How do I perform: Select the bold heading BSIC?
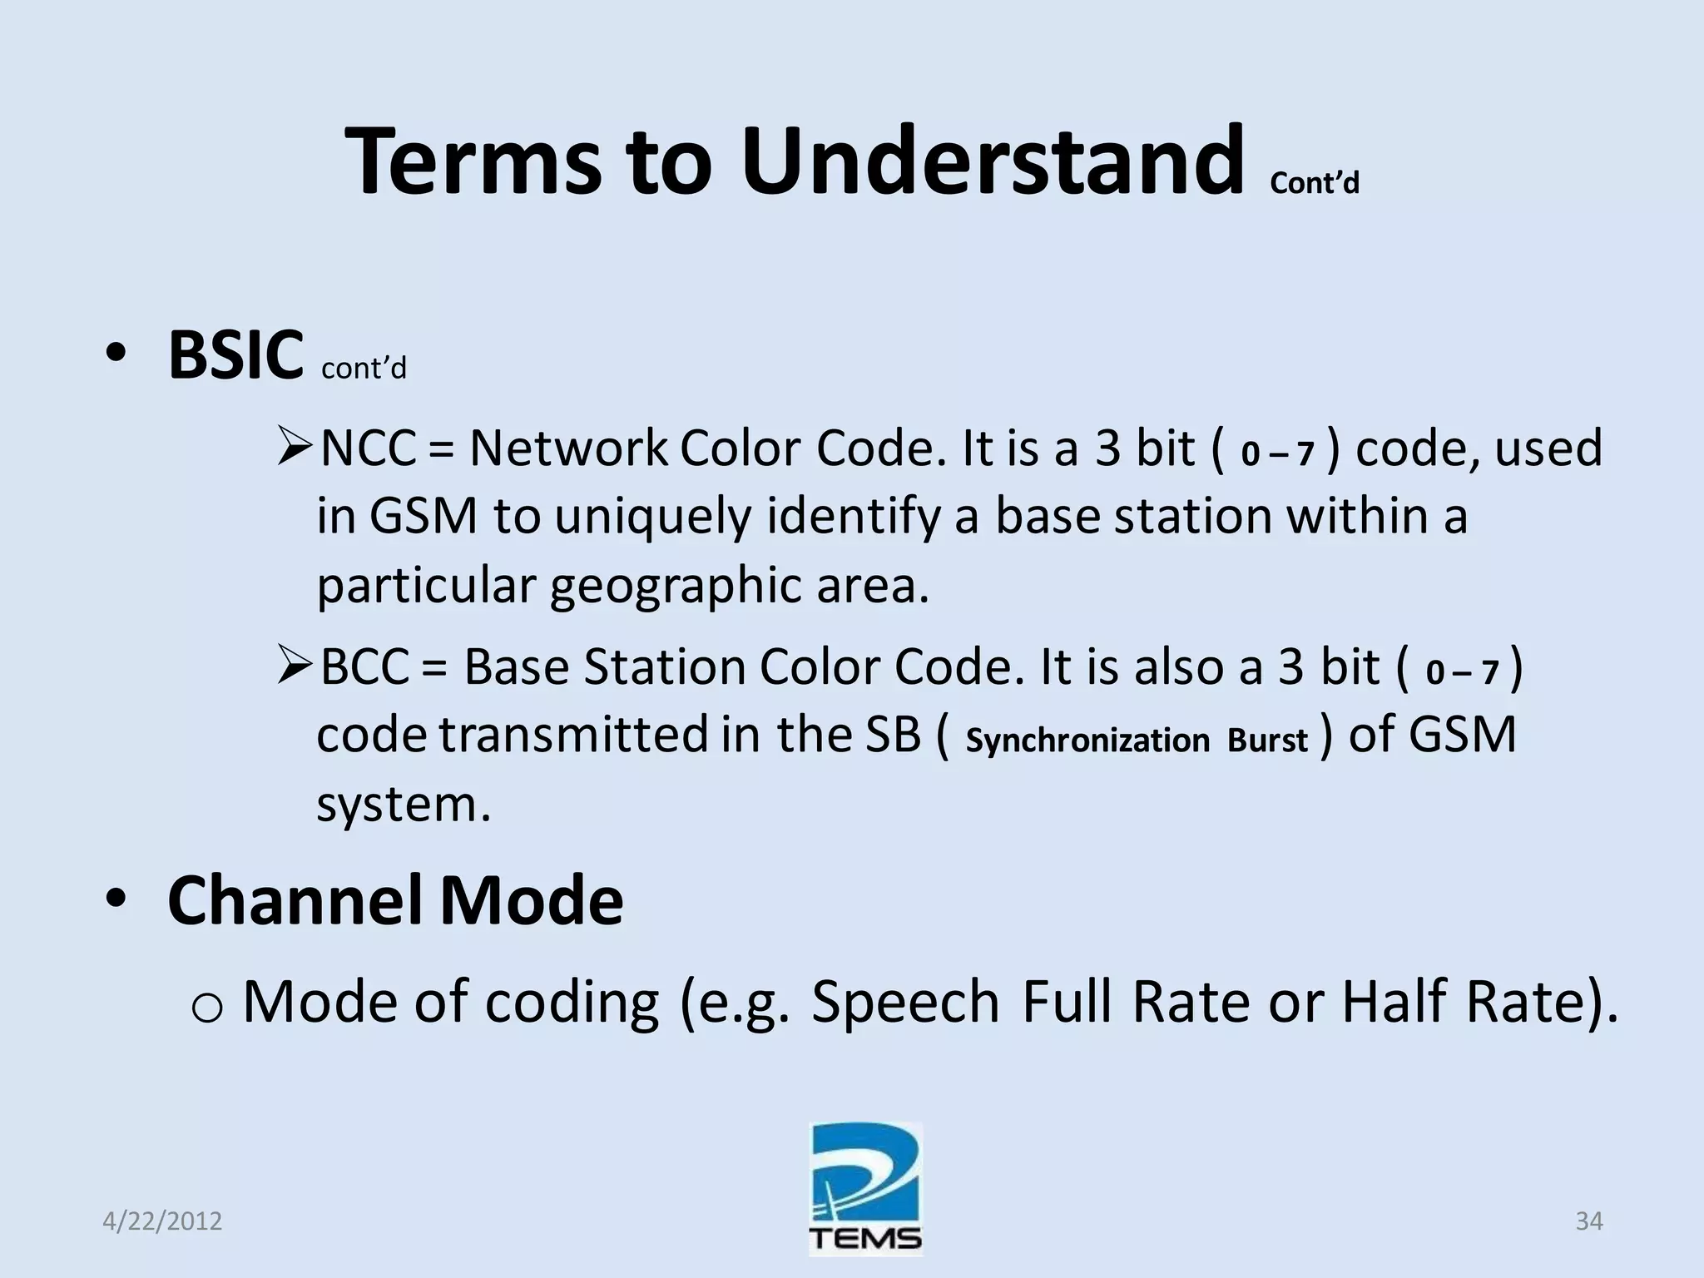pyautogui.click(x=235, y=356)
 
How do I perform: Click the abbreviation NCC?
pyautogui.click(x=368, y=449)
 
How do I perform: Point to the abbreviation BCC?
pyautogui.click(x=364, y=668)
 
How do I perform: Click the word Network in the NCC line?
pyautogui.click(x=568, y=449)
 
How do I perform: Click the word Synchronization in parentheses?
pyautogui.click(x=1087, y=740)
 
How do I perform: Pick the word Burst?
pyautogui.click(x=1267, y=740)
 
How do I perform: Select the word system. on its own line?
pyautogui.click(x=404, y=805)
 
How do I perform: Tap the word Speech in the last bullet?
pyautogui.click(x=905, y=1002)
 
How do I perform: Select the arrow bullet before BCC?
pyautogui.click(x=295, y=668)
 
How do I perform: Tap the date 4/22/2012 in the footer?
pyautogui.click(x=162, y=1221)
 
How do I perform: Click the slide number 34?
pyautogui.click(x=1589, y=1221)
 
